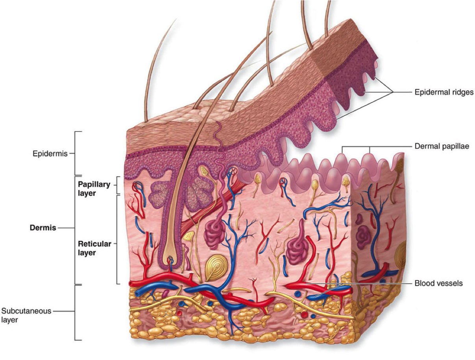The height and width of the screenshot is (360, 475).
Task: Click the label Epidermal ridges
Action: pos(444,92)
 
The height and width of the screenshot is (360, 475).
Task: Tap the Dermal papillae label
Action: pos(442,146)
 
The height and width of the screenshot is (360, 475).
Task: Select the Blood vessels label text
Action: pos(438,283)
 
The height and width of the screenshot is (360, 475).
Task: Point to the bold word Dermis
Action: pos(43,227)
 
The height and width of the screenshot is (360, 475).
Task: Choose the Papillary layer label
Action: pos(94,189)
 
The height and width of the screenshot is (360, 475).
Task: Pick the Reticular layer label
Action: pos(94,248)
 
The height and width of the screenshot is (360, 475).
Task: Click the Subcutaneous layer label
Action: pos(26,315)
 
